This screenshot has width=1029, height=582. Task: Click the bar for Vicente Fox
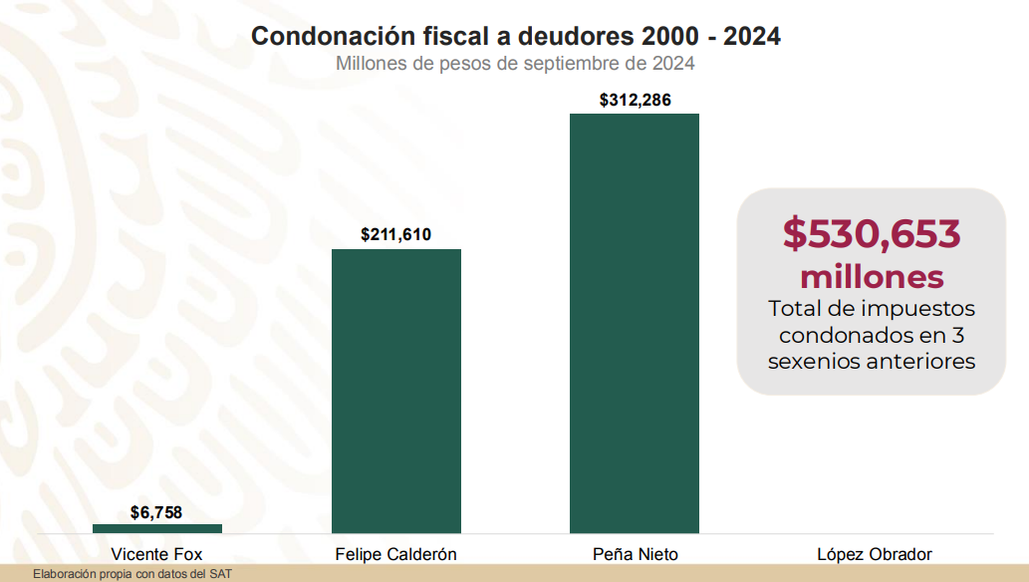pyautogui.click(x=157, y=528)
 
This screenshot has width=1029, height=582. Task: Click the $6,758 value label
pyautogui.click(x=157, y=512)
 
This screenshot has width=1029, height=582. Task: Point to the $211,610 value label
pyautogui.click(x=396, y=235)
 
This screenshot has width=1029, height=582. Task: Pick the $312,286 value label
pyautogui.click(x=635, y=100)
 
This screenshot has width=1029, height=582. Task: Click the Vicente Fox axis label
pyautogui.click(x=157, y=554)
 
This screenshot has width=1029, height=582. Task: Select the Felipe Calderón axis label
pyautogui.click(x=396, y=554)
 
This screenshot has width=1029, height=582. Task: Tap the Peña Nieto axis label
pyautogui.click(x=635, y=554)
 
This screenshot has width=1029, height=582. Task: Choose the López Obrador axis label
pyautogui.click(x=875, y=554)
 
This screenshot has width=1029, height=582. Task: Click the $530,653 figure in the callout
pyautogui.click(x=872, y=233)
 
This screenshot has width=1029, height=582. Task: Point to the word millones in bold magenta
pyautogui.click(x=872, y=276)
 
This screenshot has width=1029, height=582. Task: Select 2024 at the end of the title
pyautogui.click(x=752, y=36)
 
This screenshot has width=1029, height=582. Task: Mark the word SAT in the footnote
pyautogui.click(x=220, y=575)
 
